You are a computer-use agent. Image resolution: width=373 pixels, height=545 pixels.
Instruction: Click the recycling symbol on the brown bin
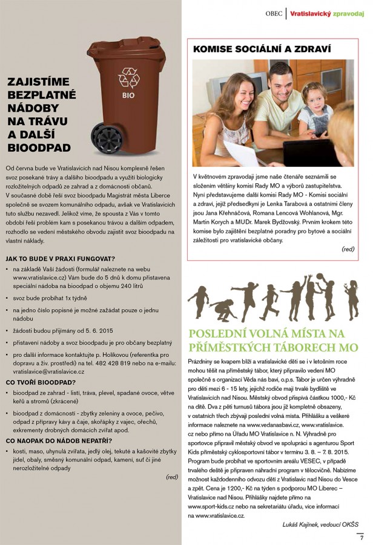129,78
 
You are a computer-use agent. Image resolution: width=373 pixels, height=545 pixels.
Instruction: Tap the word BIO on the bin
128,95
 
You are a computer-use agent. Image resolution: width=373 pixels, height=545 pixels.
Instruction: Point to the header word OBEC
276,11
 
